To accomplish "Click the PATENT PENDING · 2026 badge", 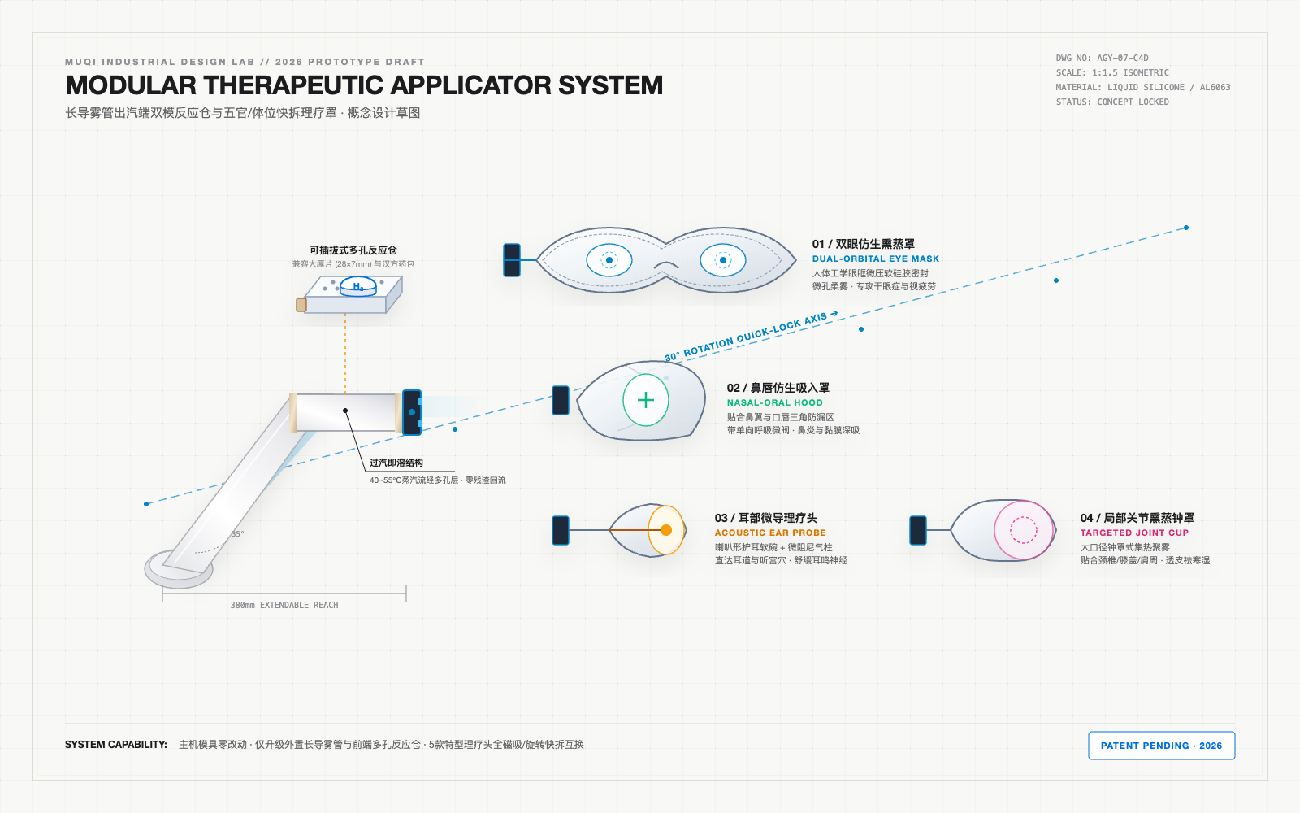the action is [1161, 745].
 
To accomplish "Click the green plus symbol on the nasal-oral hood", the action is [645, 400].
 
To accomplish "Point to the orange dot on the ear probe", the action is [666, 529].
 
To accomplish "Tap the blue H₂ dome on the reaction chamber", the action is [358, 286].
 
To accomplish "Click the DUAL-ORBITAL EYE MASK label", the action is [875, 259].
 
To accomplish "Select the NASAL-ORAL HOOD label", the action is [775, 402].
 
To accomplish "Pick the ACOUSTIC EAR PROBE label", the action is [770, 533].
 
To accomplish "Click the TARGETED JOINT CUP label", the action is [1134, 533].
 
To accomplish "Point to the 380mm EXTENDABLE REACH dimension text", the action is [284, 605].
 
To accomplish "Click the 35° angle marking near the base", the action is [238, 533].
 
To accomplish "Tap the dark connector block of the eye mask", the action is [512, 260].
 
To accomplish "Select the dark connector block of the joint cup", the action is [918, 530].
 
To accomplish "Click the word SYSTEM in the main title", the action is [610, 85].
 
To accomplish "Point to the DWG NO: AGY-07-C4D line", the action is [1102, 58].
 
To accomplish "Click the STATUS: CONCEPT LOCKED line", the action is [1112, 102].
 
